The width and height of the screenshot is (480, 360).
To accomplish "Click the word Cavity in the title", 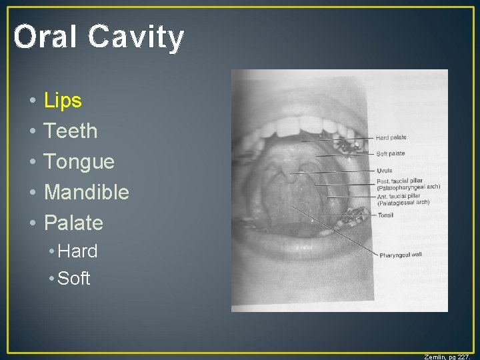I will tap(136, 37).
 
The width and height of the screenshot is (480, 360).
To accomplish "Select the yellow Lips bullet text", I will tap(63, 101).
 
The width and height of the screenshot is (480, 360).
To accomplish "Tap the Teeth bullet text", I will tap(71, 131).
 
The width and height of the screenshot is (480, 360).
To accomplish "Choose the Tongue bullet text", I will tap(79, 162).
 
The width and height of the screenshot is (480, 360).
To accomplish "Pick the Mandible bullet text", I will tap(87, 193).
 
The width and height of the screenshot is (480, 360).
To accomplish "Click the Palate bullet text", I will tap(73, 223).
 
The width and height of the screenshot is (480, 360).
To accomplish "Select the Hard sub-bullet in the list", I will tap(77, 251).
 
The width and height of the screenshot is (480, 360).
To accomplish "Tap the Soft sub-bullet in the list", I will tap(74, 279).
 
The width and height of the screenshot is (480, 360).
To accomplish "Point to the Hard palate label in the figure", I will tap(391, 138).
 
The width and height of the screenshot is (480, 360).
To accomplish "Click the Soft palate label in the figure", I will tap(391, 154).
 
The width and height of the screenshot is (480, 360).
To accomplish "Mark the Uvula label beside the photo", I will tap(385, 171).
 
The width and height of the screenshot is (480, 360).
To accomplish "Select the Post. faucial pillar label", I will tap(407, 183).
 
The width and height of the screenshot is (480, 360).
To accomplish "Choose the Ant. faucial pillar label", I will tap(403, 199).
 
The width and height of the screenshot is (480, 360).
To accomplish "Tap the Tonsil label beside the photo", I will tap(386, 215).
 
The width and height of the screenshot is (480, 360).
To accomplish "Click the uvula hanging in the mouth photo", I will tap(292, 179).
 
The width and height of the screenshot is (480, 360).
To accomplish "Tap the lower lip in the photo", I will tap(300, 250).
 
